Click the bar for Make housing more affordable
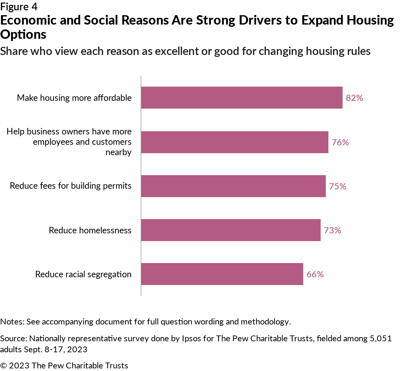point(242,98)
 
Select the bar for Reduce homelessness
point(231,230)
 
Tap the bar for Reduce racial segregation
point(222,274)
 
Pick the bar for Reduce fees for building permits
point(233,186)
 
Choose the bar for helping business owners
point(235,142)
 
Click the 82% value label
point(354,98)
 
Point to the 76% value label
point(340,143)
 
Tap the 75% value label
point(337,186)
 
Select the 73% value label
point(332,230)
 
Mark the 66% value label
point(315,274)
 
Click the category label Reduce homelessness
point(90,230)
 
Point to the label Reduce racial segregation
point(83,274)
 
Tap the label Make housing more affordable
point(74,98)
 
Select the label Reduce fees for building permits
point(71,186)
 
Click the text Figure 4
point(19,7)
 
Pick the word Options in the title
point(23,35)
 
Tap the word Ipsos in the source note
point(191,338)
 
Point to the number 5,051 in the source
point(381,338)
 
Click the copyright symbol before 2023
point(4,366)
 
